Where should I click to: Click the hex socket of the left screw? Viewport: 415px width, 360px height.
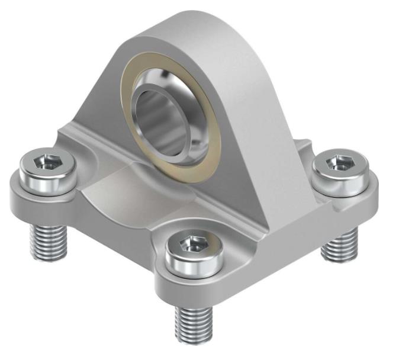(48, 162)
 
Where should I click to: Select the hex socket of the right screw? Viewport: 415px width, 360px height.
(339, 162)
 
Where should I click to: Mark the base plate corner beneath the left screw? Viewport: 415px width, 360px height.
(24, 195)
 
